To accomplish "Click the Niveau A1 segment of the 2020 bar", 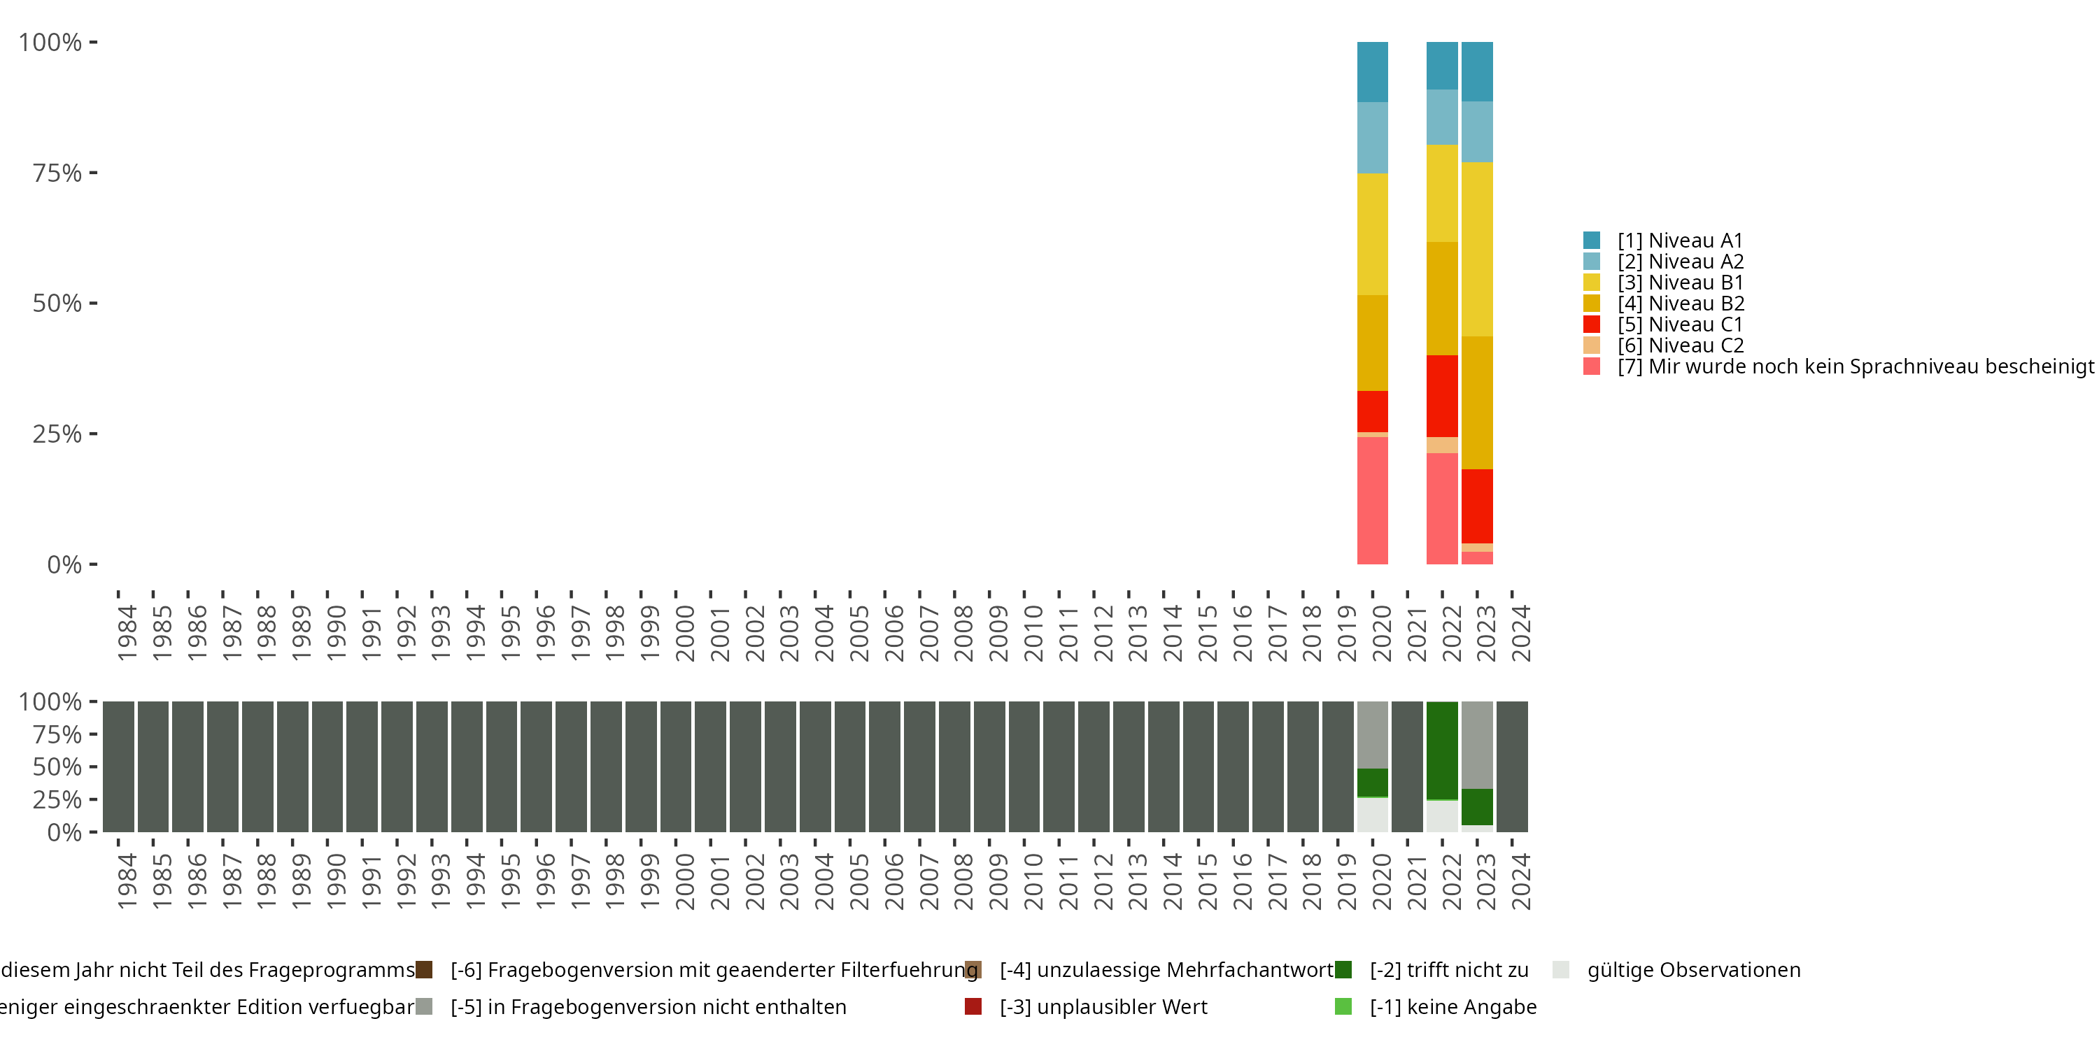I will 1372,71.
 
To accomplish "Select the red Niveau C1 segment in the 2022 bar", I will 1441,396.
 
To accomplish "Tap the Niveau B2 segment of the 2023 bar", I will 1476,402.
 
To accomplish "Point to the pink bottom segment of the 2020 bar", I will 1372,500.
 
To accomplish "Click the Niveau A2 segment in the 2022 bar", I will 1441,117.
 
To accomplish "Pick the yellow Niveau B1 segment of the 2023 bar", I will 1476,249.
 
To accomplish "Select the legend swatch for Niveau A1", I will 1591,241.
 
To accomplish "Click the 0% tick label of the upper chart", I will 64,564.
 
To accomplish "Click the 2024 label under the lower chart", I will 1520,881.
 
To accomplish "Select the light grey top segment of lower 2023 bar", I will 1476,744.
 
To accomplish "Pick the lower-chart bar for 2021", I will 1407,766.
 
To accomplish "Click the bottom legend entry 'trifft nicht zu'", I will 1448,970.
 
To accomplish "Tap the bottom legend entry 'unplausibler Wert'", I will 1103,1006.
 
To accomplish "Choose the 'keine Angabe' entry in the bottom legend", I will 1452,1006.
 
